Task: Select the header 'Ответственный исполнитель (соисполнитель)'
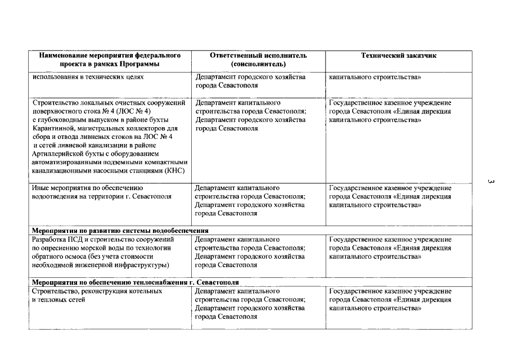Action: (258, 60)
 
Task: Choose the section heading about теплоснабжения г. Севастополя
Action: (136, 282)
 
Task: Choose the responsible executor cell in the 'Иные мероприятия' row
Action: (250, 201)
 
